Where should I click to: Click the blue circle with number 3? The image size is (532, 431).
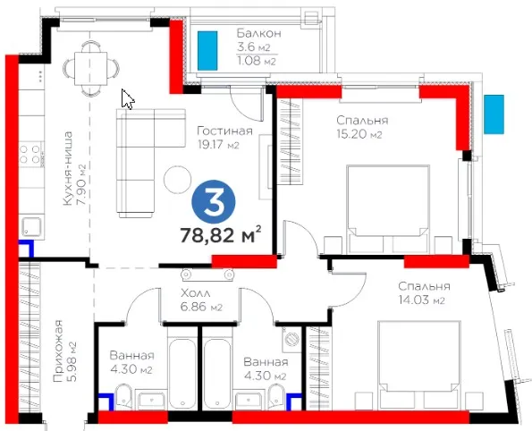coord(214,201)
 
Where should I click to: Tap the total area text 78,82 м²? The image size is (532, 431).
coord(221,235)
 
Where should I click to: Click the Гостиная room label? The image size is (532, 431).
coord(225,131)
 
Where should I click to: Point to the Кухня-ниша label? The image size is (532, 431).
coord(68,168)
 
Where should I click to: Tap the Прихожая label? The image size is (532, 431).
coord(59,351)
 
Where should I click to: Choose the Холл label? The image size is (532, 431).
coord(196,293)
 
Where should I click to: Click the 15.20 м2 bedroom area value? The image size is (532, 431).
coord(359,134)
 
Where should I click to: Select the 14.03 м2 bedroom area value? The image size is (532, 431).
coord(421,300)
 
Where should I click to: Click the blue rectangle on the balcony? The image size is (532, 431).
coord(207,51)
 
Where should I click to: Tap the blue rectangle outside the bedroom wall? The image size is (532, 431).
coord(494,114)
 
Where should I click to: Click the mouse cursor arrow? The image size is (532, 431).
coord(128,99)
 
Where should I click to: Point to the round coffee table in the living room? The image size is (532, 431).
coord(177,180)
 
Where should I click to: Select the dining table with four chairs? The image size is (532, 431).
coord(91,68)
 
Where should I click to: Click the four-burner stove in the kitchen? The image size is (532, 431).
coord(30,154)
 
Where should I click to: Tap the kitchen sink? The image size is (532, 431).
coord(31,227)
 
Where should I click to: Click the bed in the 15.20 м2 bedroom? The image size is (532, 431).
coord(388,209)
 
